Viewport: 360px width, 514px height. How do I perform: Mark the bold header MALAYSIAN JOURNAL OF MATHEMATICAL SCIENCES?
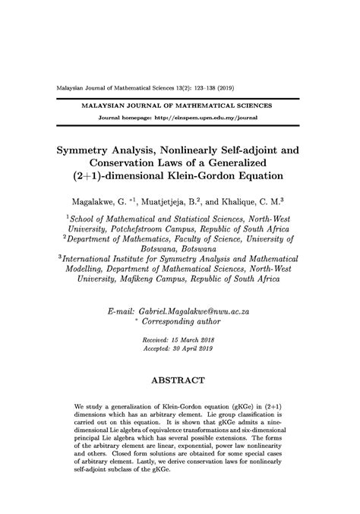pos(179,106)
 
